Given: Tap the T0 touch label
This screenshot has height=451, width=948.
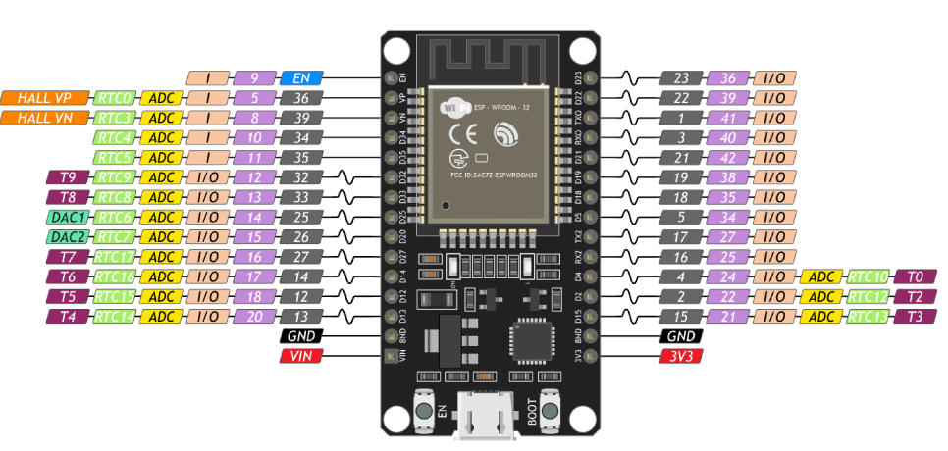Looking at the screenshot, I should [915, 276].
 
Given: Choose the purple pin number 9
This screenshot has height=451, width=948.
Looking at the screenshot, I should [253, 76].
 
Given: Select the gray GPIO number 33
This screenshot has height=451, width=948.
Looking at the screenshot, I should [300, 197].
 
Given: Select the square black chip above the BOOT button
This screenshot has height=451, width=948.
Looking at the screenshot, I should [530, 343].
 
